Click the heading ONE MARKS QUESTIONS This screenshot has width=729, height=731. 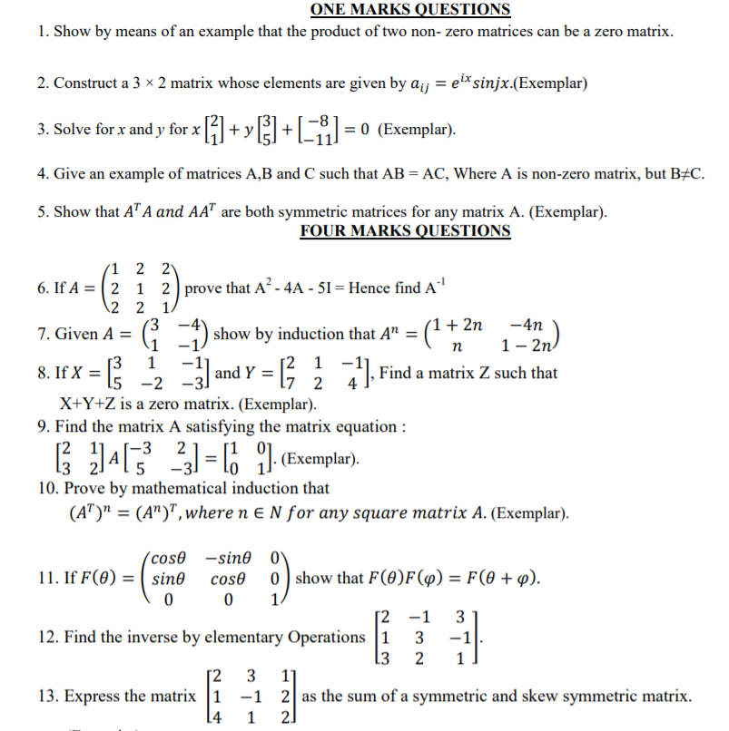point(410,10)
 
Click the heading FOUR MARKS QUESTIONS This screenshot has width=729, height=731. point(405,230)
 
